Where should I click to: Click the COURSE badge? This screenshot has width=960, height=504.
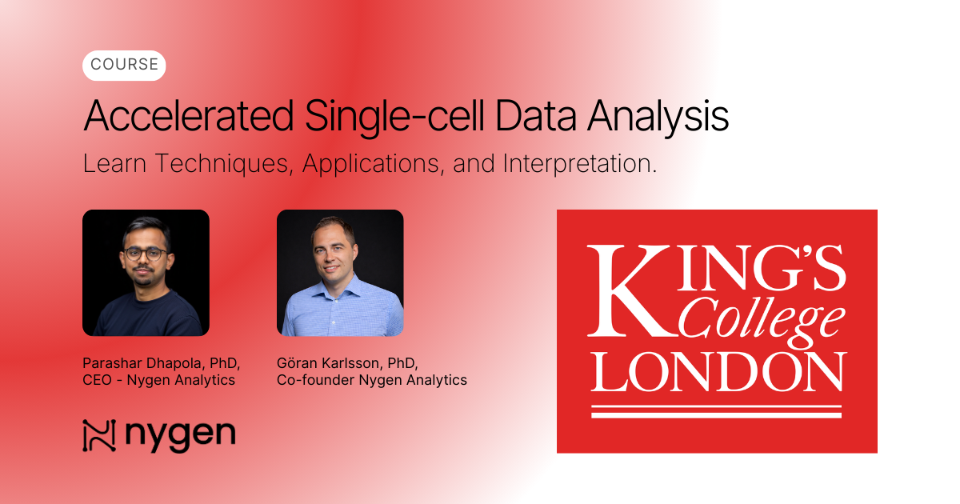[124, 66]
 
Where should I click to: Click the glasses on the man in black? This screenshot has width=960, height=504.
[146, 254]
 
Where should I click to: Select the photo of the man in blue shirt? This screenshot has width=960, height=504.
[340, 273]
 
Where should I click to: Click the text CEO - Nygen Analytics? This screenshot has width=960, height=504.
[159, 380]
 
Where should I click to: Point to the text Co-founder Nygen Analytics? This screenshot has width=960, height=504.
[372, 380]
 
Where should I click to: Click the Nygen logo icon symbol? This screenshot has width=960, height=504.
[99, 436]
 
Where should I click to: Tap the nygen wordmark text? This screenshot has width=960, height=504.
[180, 436]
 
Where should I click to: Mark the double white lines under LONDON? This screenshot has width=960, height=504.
[716, 411]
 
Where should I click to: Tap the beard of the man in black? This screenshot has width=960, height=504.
[147, 280]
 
